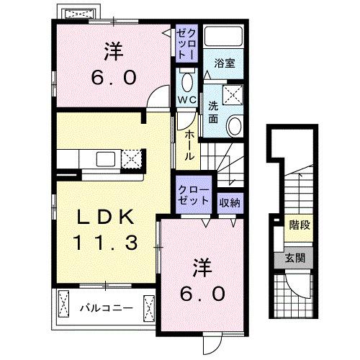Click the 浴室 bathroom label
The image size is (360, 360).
pos(223,63)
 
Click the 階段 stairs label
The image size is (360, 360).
pos(300,226)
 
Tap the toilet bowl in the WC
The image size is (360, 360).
pos(187,79)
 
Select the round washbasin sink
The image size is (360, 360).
pos(235,127)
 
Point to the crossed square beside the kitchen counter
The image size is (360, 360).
pos(132,158)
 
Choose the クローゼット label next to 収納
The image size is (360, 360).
pos(194,194)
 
